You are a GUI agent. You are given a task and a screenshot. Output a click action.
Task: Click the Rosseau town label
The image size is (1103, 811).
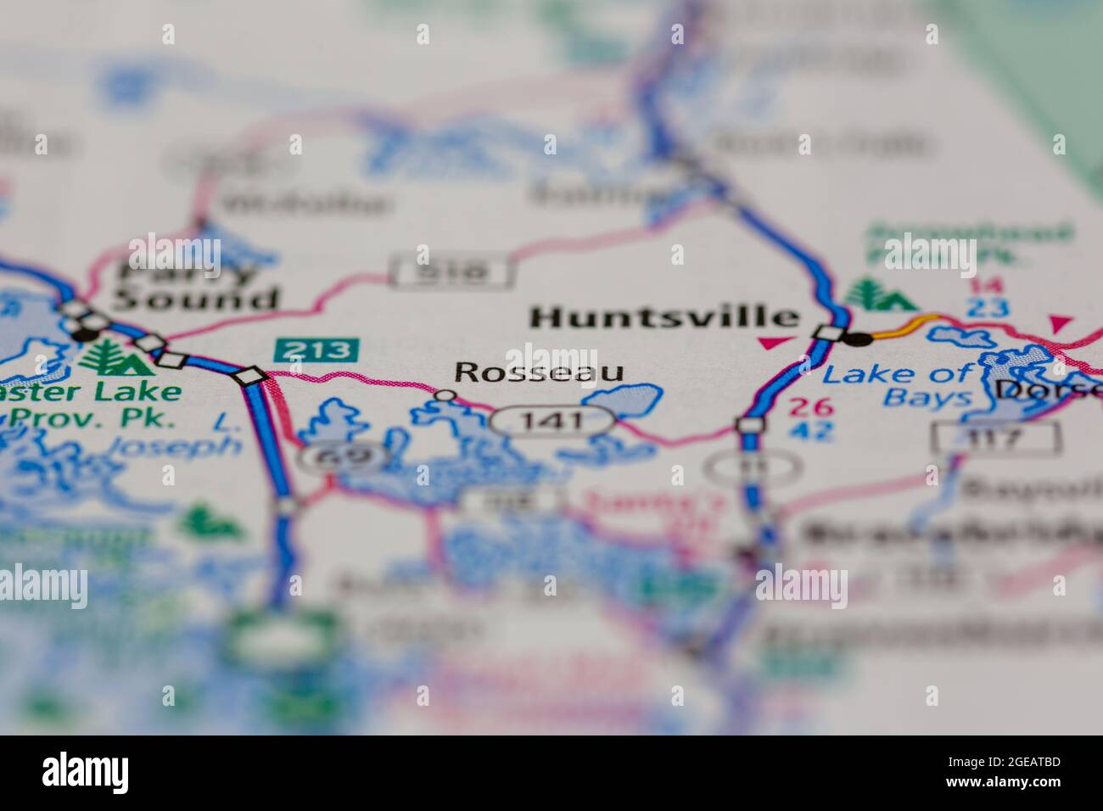[x=539, y=372]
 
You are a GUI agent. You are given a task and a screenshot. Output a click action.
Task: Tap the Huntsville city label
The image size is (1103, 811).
[x=664, y=317]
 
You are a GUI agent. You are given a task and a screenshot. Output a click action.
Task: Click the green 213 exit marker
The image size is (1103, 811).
[x=316, y=350]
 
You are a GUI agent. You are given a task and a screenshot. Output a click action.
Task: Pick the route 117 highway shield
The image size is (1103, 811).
[x=995, y=438]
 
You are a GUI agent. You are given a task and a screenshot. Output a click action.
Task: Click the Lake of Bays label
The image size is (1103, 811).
[x=898, y=385]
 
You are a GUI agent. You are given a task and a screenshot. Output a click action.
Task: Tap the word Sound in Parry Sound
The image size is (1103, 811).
[x=197, y=299]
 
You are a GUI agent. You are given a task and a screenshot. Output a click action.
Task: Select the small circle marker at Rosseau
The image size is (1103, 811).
[x=444, y=394]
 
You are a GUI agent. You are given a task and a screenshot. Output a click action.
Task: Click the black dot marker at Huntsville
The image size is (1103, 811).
[x=859, y=338]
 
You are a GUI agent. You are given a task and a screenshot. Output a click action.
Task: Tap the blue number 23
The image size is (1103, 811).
[x=987, y=307]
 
